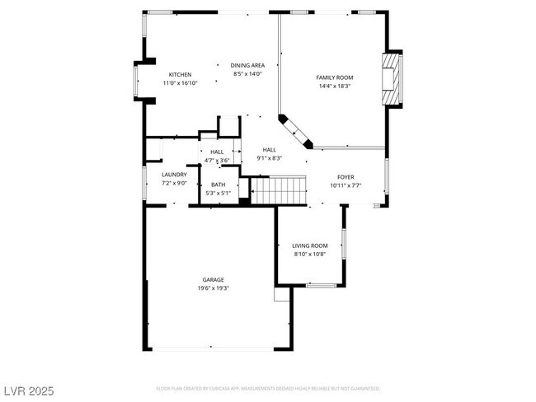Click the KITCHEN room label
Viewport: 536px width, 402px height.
click(180, 75)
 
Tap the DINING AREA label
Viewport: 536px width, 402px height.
click(247, 65)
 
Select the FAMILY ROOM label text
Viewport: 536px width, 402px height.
click(334, 77)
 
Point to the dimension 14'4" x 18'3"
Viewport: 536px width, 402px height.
click(334, 86)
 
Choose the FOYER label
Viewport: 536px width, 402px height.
click(346, 177)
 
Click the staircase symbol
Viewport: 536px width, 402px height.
click(278, 190)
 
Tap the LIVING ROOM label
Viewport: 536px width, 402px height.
click(310, 245)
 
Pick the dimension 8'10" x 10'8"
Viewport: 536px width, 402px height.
click(310, 254)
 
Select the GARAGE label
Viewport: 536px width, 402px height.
click(213, 280)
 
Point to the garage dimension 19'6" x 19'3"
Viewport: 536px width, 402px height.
click(213, 288)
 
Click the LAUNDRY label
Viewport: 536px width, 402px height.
click(174, 175)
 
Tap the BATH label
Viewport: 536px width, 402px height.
click(218, 185)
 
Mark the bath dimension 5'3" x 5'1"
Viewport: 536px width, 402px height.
click(218, 193)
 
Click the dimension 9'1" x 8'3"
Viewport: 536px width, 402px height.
click(270, 158)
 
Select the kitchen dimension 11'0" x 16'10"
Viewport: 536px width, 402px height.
click(180, 83)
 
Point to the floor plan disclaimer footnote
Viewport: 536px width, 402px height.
click(268, 387)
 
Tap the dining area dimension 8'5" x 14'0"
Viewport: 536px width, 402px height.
click(247, 73)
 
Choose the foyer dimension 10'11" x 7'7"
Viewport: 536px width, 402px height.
click(346, 185)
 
